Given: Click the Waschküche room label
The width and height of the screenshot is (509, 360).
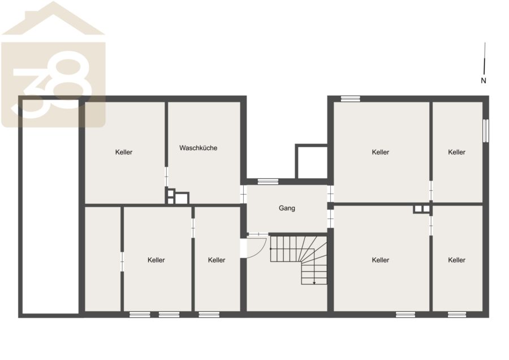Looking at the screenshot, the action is pyautogui.click(x=198, y=148).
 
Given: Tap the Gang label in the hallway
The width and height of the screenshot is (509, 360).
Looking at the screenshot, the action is pyautogui.click(x=287, y=208).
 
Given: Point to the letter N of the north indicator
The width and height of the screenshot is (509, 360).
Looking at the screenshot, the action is pyautogui.click(x=484, y=80).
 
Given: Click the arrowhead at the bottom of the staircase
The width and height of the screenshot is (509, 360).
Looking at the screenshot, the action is pyautogui.click(x=314, y=283).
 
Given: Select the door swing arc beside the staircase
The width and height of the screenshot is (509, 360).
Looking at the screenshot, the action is pyautogui.click(x=262, y=249).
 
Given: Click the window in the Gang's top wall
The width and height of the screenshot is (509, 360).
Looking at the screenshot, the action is pyautogui.click(x=268, y=182).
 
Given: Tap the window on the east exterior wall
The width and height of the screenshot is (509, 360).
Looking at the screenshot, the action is pyautogui.click(x=486, y=131).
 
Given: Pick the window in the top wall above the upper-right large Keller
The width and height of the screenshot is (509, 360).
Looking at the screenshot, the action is pyautogui.click(x=351, y=98).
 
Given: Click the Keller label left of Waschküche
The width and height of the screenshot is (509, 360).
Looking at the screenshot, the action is pyautogui.click(x=124, y=152).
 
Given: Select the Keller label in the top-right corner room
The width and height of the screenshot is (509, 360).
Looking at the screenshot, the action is pyautogui.click(x=456, y=152).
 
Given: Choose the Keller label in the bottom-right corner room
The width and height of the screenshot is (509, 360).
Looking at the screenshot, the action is pyautogui.click(x=456, y=260).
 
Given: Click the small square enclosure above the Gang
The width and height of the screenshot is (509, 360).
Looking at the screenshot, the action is pyautogui.click(x=311, y=161).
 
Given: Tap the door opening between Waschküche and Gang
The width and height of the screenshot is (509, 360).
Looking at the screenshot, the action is pyautogui.click(x=243, y=194).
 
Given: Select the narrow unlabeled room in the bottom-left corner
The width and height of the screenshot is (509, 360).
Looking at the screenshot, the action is pyautogui.click(x=102, y=259).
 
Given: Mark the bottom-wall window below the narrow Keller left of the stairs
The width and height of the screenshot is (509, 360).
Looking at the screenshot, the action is pyautogui.click(x=209, y=315).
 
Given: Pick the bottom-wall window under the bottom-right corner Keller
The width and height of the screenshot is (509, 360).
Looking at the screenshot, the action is pyautogui.click(x=457, y=315).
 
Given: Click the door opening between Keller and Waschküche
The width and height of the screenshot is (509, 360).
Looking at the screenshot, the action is pyautogui.click(x=166, y=177).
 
